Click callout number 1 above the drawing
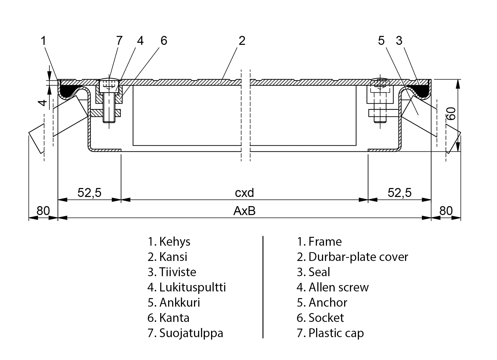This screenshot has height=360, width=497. (44, 41)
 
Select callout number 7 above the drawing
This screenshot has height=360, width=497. (119, 41)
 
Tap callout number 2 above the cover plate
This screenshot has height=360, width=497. (242, 41)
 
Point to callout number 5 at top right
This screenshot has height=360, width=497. (381, 41)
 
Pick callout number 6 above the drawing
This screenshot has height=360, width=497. (164, 41)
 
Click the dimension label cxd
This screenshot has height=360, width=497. (245, 193)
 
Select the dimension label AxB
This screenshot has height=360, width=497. (244, 211)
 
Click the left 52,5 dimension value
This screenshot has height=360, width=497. (89, 193)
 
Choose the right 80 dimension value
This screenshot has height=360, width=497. (446, 211)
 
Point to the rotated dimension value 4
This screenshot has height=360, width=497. (44, 103)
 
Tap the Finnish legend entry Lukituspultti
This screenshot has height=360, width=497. (187, 287)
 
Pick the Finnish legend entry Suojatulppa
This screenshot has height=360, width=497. (185, 333)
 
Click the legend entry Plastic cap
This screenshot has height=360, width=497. (330, 333)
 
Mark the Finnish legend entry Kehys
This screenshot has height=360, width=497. (169, 242)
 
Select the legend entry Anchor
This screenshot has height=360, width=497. (322, 303)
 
